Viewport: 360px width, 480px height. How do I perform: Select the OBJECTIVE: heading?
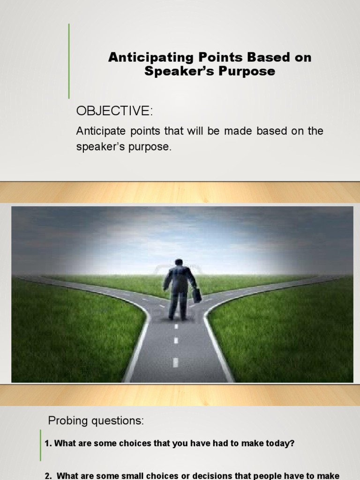click(114, 112)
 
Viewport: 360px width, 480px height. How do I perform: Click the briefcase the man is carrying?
click(197, 295)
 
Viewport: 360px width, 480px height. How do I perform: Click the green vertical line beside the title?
click(69, 61)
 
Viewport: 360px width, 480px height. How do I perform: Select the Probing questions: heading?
click(96, 421)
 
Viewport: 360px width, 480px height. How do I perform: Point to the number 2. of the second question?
click(48, 475)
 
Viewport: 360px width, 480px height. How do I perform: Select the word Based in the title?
click(265, 58)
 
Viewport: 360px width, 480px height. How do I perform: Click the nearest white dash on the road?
click(175, 362)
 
